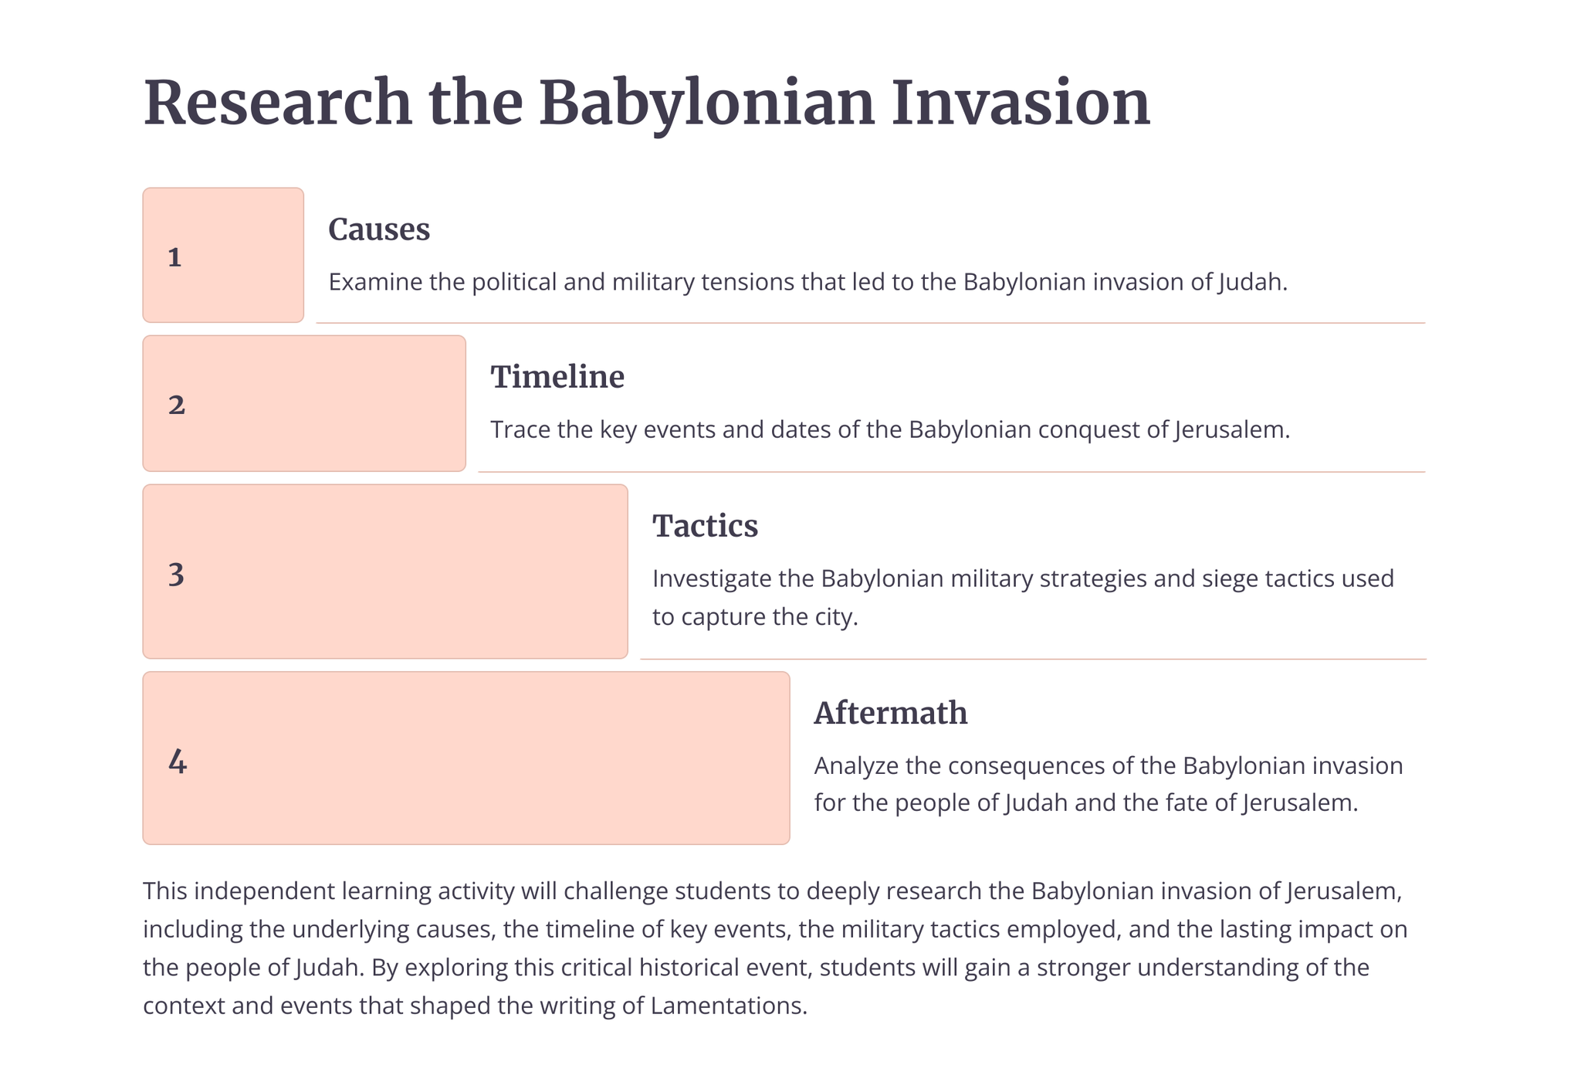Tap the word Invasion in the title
point(1021,103)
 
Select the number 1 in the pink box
point(174,257)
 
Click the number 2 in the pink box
point(177,405)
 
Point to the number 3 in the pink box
point(176,575)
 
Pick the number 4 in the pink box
point(178,762)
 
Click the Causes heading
point(379,229)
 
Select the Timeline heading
point(557,377)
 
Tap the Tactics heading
point(706,526)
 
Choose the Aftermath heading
point(891,713)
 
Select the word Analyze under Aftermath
point(857,765)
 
